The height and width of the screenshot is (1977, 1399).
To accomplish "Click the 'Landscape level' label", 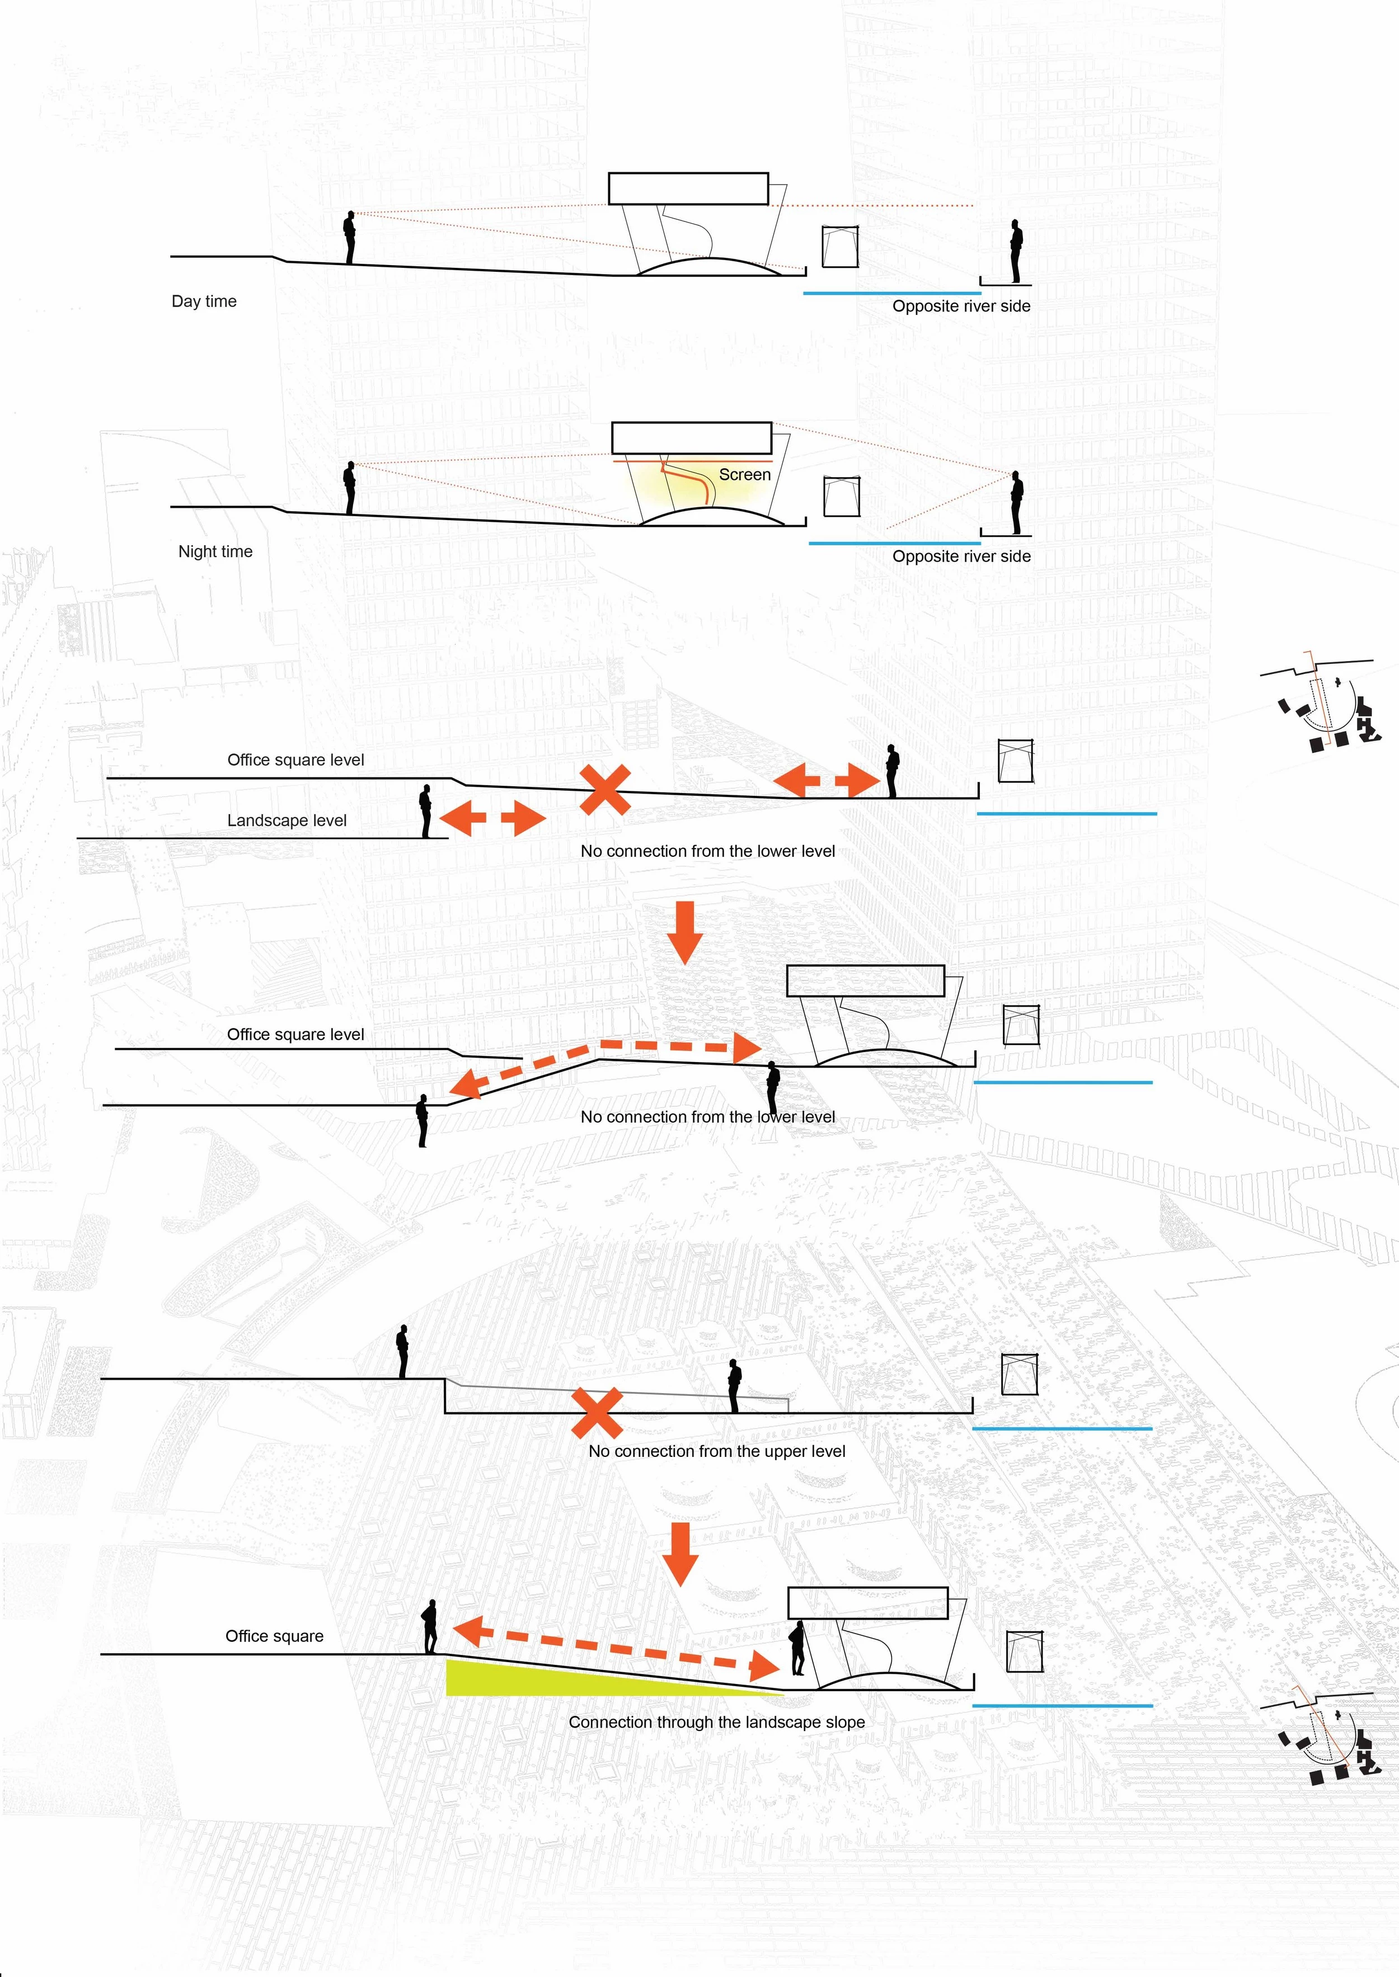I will (x=287, y=820).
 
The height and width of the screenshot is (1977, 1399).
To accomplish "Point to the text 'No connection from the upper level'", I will (x=717, y=1451).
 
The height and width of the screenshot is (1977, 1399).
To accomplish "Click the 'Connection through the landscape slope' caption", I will (x=717, y=1722).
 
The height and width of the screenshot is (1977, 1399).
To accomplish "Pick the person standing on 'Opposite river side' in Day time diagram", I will (x=1017, y=252).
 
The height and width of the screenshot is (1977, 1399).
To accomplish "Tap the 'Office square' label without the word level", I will (x=274, y=1636).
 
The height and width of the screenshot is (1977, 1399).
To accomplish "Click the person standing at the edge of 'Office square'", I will (x=429, y=1626).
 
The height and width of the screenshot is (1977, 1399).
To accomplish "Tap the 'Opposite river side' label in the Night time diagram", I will (x=961, y=556).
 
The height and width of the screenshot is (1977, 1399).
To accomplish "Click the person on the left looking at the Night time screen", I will (x=350, y=487).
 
